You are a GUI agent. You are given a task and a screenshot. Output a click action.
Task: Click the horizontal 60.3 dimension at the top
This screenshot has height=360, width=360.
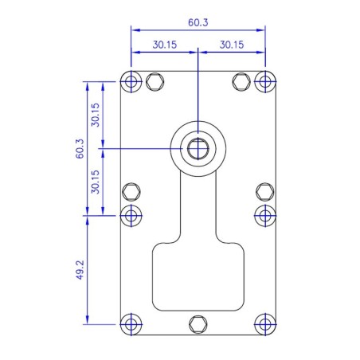coord(198,24)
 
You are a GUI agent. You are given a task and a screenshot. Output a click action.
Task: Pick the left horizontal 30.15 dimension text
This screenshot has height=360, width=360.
coord(165,45)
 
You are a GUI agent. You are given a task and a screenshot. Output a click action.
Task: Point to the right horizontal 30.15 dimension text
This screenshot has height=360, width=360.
coord(231,45)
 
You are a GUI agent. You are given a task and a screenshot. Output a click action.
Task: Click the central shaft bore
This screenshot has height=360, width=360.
coord(197,148)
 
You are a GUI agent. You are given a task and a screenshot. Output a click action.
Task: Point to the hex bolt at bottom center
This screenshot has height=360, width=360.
coord(198,324)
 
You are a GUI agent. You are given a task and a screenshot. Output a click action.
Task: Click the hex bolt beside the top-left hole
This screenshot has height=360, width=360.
coord(155,81)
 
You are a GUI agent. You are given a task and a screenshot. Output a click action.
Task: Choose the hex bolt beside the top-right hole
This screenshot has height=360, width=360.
coord(241,81)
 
